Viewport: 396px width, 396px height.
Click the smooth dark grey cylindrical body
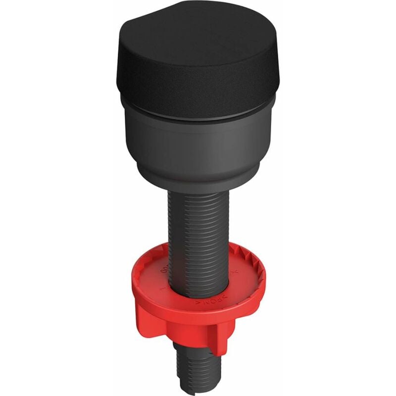point(198,144)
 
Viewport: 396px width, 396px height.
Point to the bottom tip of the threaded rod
point(198,389)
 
